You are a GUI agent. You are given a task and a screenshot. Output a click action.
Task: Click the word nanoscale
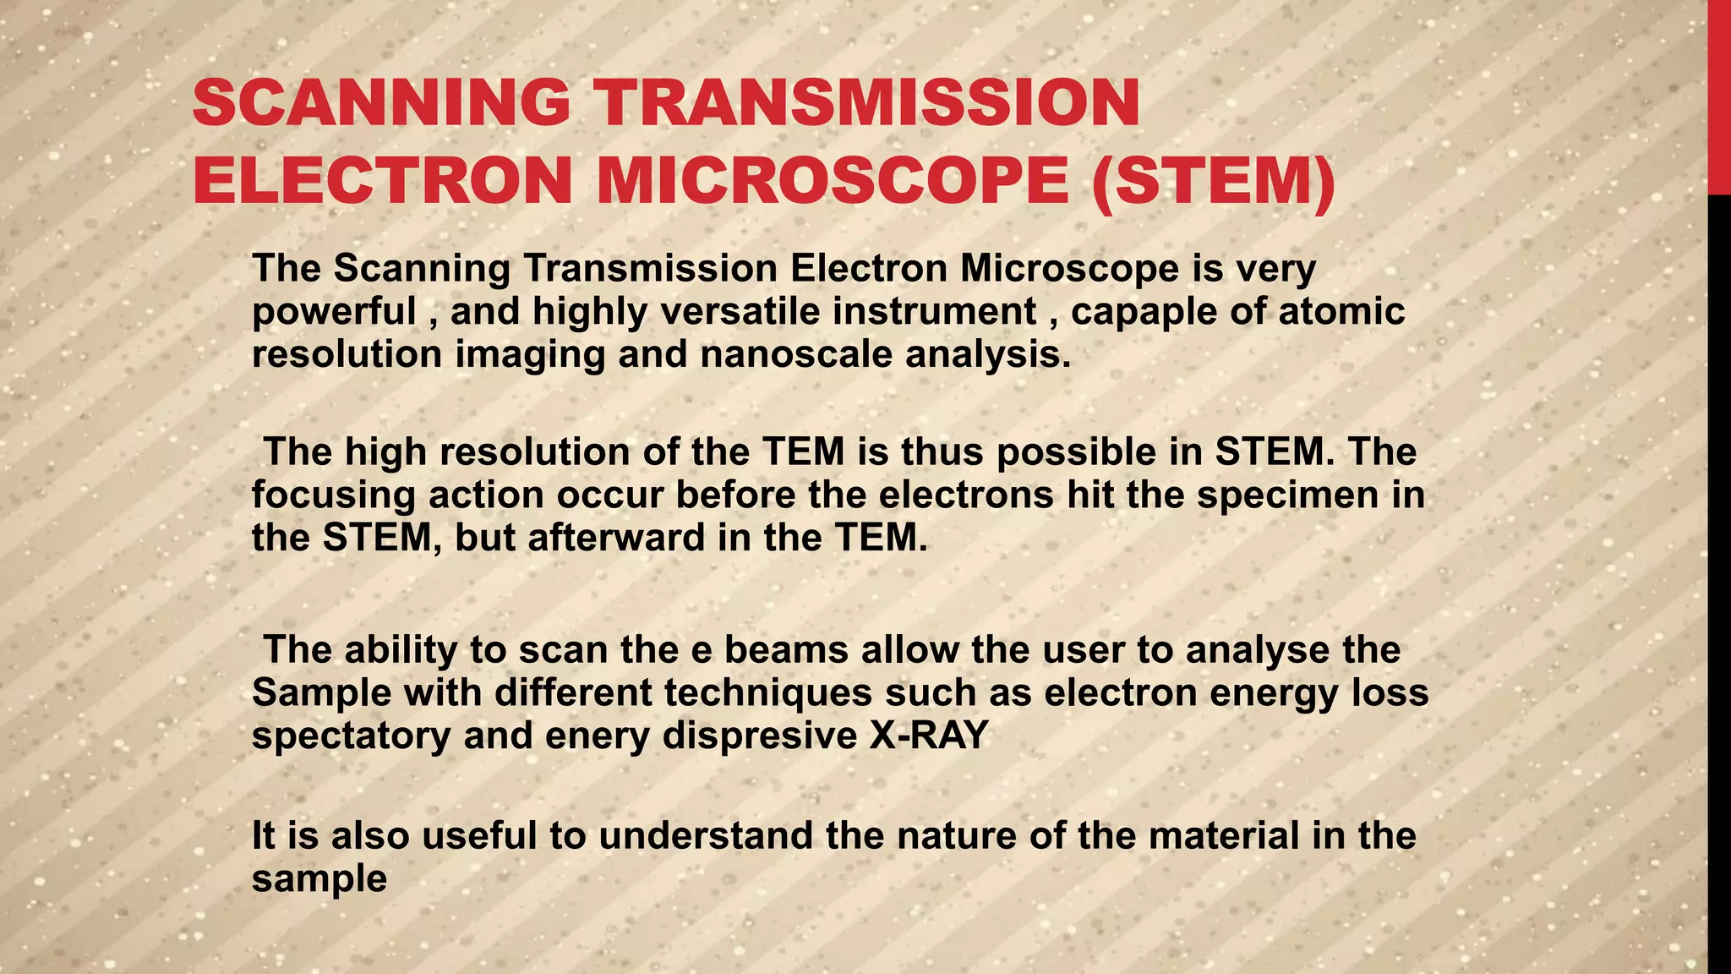click(x=795, y=354)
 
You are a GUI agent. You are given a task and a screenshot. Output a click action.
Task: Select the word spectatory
click(x=351, y=736)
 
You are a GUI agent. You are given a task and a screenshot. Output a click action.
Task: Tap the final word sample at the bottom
click(x=319, y=879)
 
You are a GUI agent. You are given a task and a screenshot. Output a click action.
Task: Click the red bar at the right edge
click(x=1718, y=97)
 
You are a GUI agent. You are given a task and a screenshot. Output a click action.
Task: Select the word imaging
click(x=530, y=354)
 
